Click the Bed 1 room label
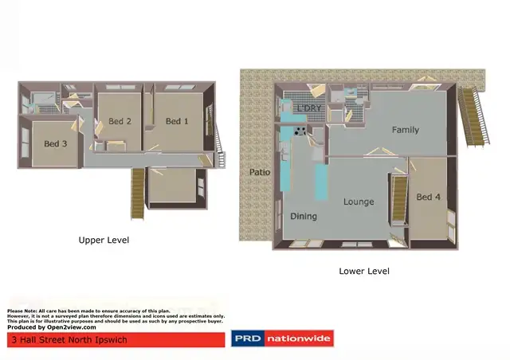pos(177,121)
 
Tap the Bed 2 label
pos(120,121)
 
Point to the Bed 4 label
pos(428,197)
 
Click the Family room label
pos(405,130)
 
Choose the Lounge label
pos(359,202)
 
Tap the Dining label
pos(303,216)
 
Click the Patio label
pos(259,172)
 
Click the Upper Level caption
pos(104,240)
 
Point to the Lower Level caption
pos(363,271)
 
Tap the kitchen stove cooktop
pos(301,131)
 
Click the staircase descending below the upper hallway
pos(139,194)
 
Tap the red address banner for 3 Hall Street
pos(116,339)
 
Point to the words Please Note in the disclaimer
pos(23,311)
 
